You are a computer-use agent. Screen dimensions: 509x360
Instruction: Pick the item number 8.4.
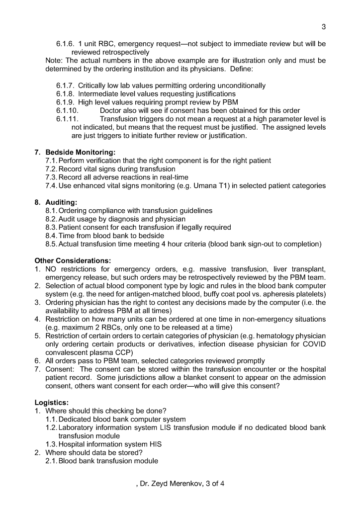pyautogui.click(x=51, y=236)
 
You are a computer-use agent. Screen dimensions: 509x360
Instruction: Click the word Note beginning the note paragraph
pyautogui.click(x=54, y=60)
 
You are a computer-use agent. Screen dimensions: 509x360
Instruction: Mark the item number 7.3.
pyautogui.click(x=51, y=177)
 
